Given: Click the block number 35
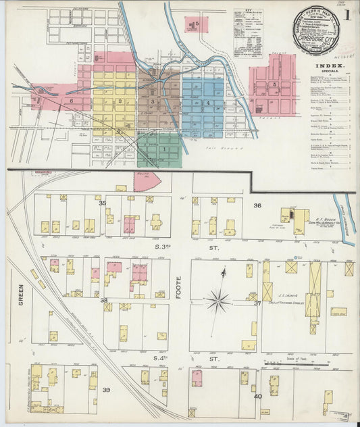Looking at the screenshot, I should coord(103,203).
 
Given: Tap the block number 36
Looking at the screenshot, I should coord(257,205).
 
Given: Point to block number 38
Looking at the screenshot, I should coord(104,300).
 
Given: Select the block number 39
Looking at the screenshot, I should coord(106,390).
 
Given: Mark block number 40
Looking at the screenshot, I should coord(257,396).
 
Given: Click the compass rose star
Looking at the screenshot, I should coord(219,299).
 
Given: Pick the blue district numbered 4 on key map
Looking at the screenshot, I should coord(208,103).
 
